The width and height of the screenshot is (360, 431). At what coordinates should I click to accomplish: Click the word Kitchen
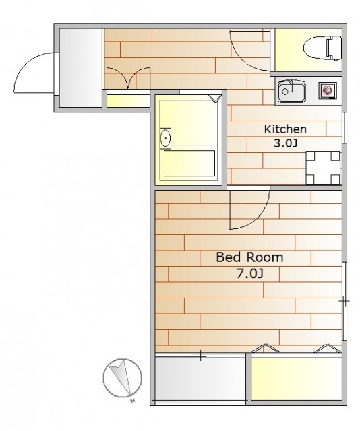(285, 129)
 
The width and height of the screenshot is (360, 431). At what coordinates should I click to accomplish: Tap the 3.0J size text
(285, 143)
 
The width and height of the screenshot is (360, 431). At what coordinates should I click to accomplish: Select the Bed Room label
(249, 257)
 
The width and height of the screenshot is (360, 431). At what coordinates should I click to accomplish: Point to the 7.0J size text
(250, 274)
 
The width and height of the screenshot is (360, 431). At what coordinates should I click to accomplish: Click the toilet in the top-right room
(322, 48)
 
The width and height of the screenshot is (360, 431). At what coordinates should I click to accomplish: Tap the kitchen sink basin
(291, 92)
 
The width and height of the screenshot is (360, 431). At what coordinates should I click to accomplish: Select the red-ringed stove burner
(327, 90)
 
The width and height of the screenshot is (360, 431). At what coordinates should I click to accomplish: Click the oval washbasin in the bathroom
(165, 137)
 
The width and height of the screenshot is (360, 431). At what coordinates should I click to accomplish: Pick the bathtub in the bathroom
(189, 163)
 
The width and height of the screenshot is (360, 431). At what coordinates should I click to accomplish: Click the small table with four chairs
(323, 168)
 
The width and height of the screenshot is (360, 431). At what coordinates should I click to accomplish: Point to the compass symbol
(122, 378)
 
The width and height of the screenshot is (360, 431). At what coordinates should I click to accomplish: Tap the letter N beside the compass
(133, 401)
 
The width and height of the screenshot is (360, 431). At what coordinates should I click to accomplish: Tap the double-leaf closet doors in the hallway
(129, 78)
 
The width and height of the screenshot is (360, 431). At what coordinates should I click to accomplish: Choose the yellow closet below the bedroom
(296, 379)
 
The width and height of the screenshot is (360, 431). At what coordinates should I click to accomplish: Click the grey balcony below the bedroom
(200, 379)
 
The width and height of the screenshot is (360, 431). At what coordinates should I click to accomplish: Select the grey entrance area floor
(81, 67)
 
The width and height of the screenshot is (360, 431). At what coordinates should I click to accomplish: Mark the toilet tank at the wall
(334, 48)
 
